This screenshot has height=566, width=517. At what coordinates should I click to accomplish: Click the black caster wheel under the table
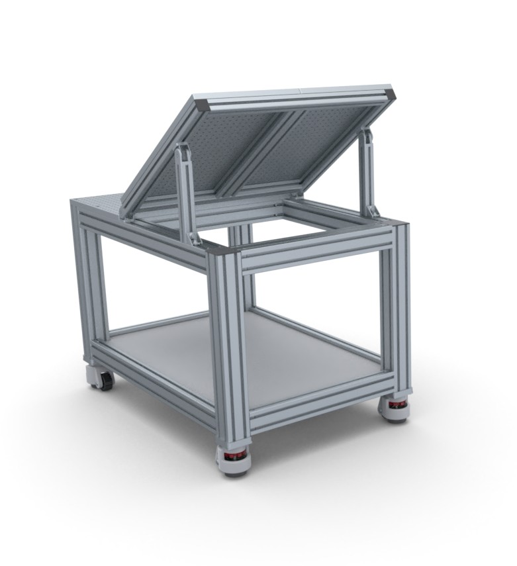tap(105, 381)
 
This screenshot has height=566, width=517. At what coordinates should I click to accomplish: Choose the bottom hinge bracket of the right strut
tap(375, 212)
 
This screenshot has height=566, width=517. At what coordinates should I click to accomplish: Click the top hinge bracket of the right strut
tap(363, 135)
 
